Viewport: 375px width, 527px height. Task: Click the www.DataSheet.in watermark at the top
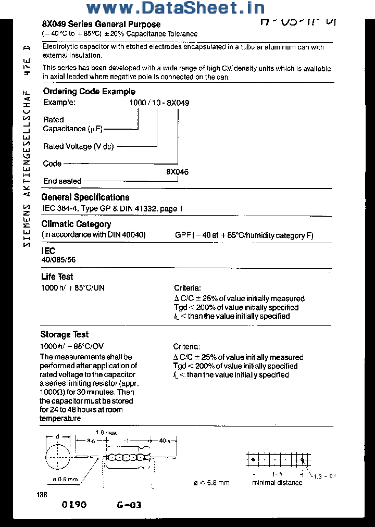coord(175,8)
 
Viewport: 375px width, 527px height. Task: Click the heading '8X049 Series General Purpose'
coord(101,24)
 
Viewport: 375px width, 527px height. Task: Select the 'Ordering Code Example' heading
coord(89,92)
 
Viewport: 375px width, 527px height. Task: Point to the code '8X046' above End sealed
coord(177,172)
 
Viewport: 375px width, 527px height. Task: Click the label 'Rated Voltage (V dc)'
coord(78,146)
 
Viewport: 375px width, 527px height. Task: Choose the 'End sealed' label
coord(63,181)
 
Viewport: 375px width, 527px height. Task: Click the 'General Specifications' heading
coord(85,197)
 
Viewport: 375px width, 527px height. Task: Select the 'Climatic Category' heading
coord(76,224)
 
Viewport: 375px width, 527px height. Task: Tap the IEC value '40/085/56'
coord(55,259)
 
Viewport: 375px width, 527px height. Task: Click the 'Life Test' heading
coord(57,277)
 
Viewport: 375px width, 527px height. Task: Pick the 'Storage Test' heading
coord(65,335)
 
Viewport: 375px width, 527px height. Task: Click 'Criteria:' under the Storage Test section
coord(186,347)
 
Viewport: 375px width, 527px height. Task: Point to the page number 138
coord(42,495)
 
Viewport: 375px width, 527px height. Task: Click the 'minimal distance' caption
coord(277,483)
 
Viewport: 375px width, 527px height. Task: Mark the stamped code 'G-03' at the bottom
coord(129,505)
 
